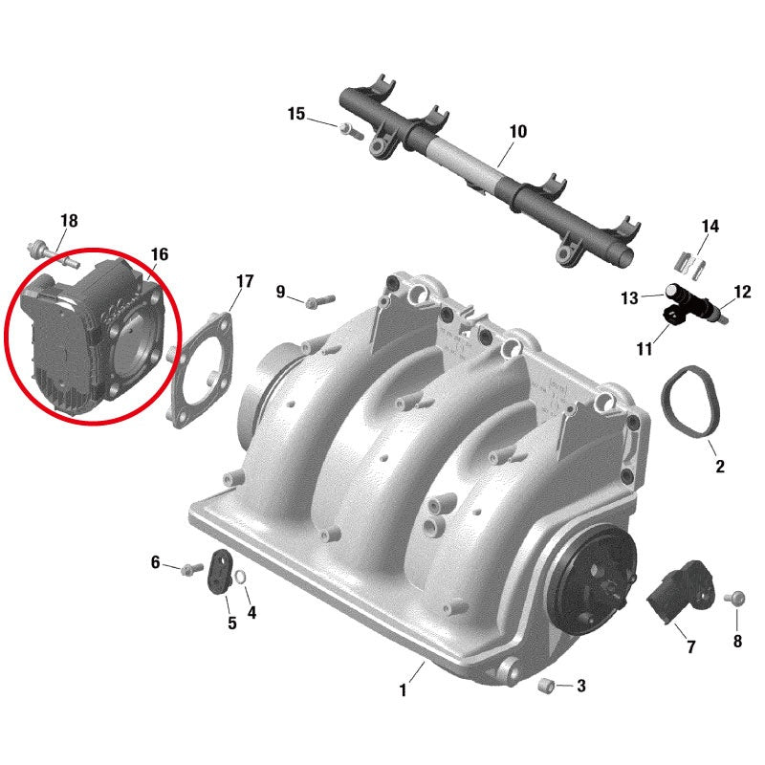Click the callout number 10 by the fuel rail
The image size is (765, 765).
click(517, 131)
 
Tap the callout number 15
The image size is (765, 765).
click(296, 115)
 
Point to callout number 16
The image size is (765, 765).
click(159, 254)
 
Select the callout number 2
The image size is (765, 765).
click(720, 467)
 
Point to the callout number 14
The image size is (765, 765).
click(710, 227)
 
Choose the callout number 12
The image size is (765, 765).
click(743, 292)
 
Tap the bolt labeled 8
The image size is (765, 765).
click(735, 598)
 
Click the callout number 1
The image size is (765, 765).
click(404, 689)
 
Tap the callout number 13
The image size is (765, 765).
click(628, 299)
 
